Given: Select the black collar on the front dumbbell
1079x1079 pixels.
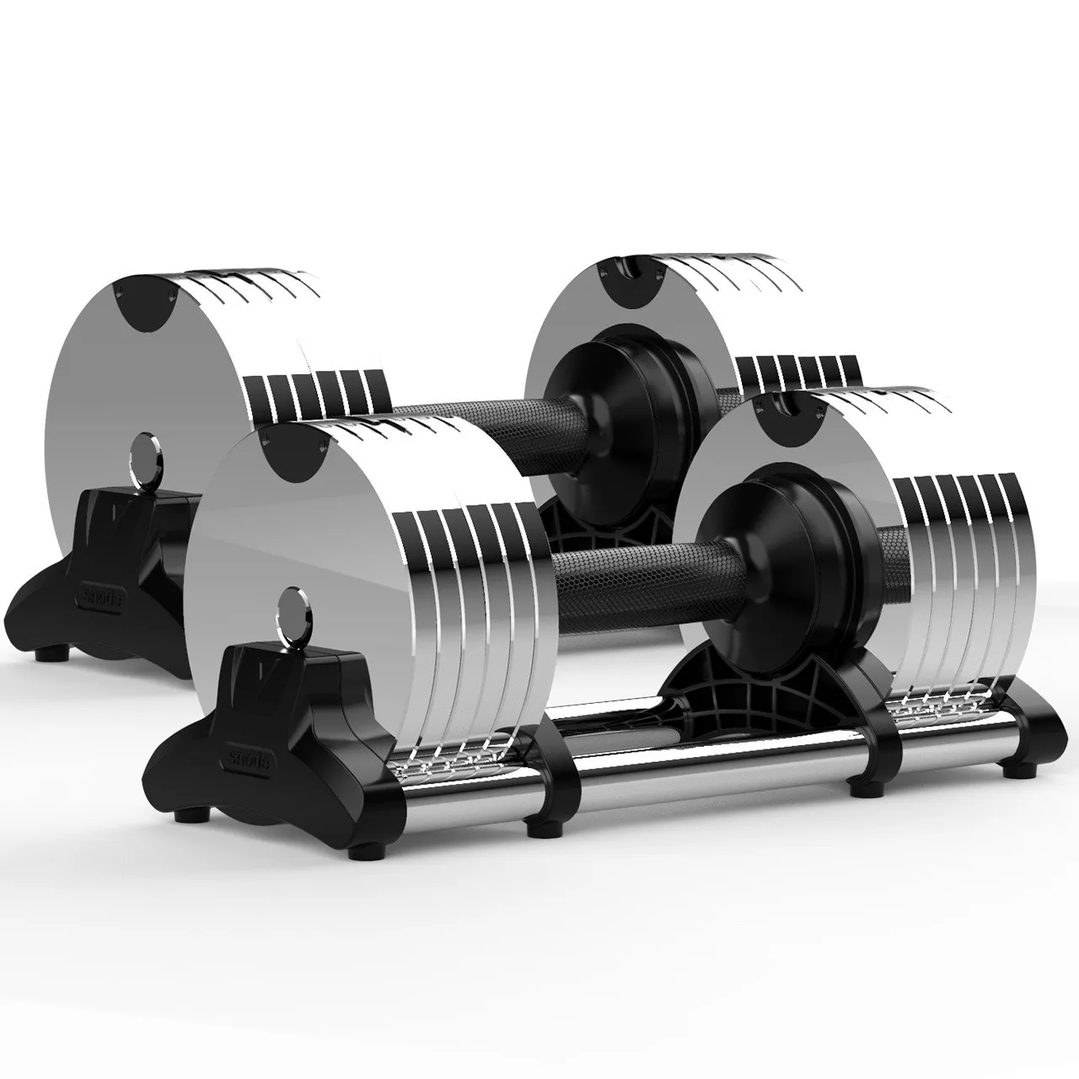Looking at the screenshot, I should click(x=759, y=539).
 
